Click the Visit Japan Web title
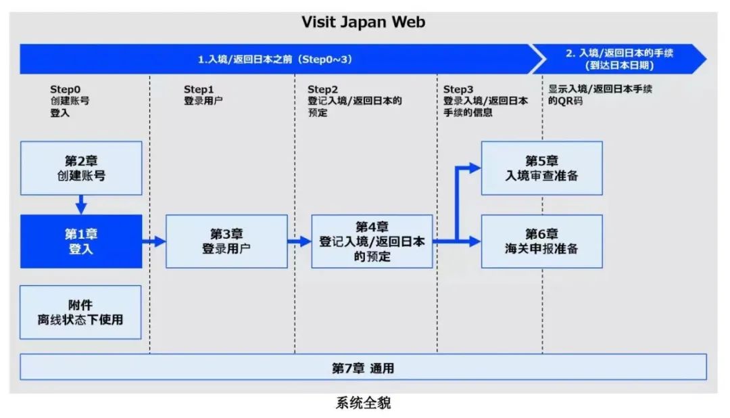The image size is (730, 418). (x=364, y=22)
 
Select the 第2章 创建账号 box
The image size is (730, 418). (x=81, y=168)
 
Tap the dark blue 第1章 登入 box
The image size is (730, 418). (x=81, y=241)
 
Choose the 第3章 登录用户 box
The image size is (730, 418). (x=226, y=241)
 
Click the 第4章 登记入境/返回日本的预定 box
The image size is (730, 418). (x=372, y=241)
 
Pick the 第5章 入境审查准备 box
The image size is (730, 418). (x=541, y=168)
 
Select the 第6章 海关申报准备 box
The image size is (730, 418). (x=541, y=241)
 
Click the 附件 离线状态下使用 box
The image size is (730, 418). (x=81, y=312)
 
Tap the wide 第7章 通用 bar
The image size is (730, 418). (x=363, y=368)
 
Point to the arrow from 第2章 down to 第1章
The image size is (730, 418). (x=81, y=204)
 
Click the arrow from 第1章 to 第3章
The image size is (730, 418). (x=154, y=241)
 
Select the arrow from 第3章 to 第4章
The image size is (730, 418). (x=299, y=241)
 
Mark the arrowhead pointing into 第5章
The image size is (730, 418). (x=475, y=168)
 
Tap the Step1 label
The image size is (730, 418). (x=199, y=89)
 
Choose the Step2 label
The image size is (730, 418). (x=322, y=89)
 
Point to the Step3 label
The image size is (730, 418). (x=458, y=89)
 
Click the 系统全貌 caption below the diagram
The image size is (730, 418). (x=363, y=404)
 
